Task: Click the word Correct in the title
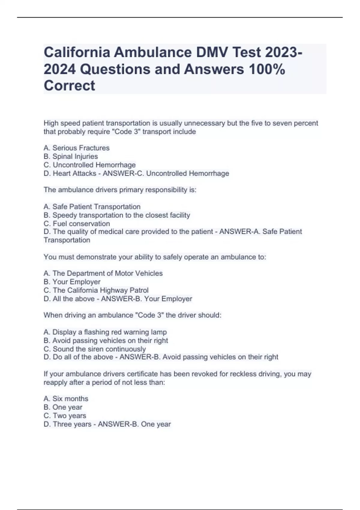pos(69,85)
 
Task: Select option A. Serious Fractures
pos(76,148)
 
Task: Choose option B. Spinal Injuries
pos(71,156)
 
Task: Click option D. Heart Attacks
pos(70,173)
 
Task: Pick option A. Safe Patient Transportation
pos(92,207)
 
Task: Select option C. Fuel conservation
pos(77,223)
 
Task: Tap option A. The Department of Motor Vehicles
pos(103,273)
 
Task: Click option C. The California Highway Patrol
pos(96,290)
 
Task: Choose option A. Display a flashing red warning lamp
pos(105,332)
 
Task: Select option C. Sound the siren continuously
pos(95,349)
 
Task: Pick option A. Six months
pos(66,399)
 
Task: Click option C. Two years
pos(65,415)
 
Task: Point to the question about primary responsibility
pos(120,190)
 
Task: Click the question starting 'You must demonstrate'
pos(155,257)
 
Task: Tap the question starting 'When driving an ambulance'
pos(132,315)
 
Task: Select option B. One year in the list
pos(63,407)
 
